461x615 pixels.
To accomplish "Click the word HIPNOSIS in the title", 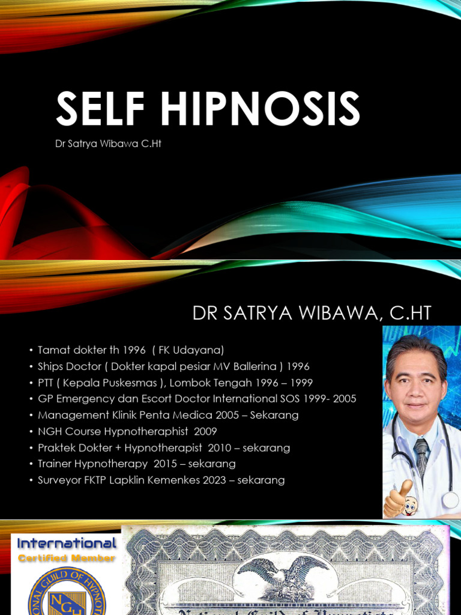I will click(259, 110).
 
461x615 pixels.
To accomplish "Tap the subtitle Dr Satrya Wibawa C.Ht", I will click(108, 144).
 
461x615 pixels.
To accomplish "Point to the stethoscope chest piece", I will click(451, 500).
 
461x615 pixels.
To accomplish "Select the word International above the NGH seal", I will click(67, 544).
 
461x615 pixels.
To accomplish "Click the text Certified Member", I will click(67, 559).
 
